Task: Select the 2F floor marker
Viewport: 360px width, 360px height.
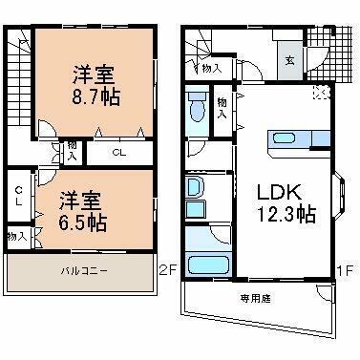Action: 169,271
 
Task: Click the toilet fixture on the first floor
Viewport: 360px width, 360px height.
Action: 197,109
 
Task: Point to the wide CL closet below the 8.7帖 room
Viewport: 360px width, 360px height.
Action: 116,150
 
